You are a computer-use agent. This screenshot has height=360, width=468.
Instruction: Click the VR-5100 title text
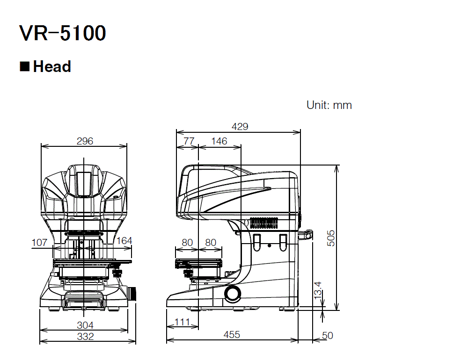pos(63,34)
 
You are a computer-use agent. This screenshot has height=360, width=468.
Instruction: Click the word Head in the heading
pos(52,67)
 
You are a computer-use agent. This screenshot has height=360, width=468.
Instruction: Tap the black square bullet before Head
pos(24,66)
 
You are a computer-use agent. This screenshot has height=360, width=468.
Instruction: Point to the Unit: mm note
pos(329,105)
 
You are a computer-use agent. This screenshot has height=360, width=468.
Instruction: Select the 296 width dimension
pos(85,141)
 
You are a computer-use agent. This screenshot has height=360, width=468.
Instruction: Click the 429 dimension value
pos(240,127)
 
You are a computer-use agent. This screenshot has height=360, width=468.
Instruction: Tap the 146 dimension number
pos(219,141)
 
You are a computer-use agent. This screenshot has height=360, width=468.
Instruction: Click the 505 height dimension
pos(331,238)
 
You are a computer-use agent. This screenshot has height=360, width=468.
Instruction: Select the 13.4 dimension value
pos(318,291)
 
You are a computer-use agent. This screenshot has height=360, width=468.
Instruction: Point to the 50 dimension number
pos(328,336)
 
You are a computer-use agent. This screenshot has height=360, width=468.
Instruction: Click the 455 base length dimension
pos(232,335)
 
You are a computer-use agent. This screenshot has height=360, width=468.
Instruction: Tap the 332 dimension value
pos(85,336)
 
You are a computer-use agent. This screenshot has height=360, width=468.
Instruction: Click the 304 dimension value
pos(85,325)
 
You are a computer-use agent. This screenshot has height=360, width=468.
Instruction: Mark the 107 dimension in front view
pos(39,242)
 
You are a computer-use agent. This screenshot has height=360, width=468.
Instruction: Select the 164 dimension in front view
pos(124,241)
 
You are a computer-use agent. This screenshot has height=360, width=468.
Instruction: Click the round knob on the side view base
pos(232,293)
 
